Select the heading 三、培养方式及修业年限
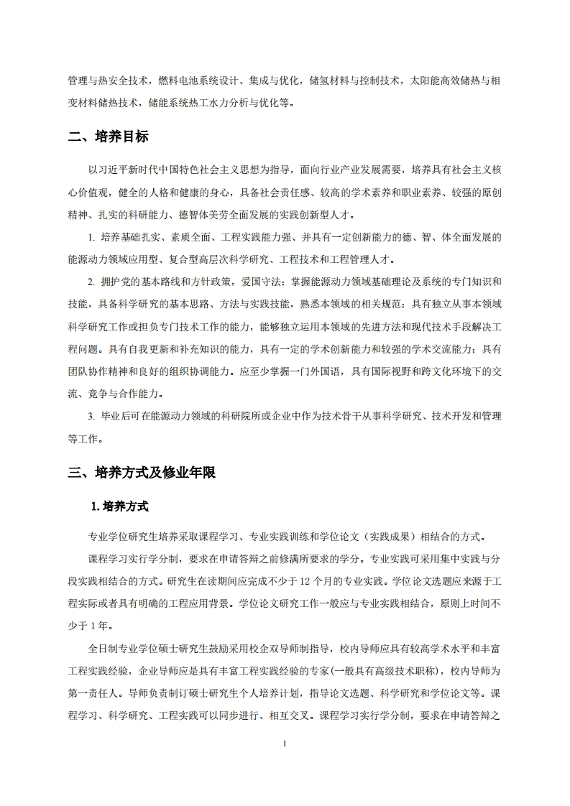[142, 473]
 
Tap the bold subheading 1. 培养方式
[120, 506]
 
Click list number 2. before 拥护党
[91, 282]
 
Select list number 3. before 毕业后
[91, 417]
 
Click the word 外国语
[327, 372]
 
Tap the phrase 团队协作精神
[101, 372]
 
